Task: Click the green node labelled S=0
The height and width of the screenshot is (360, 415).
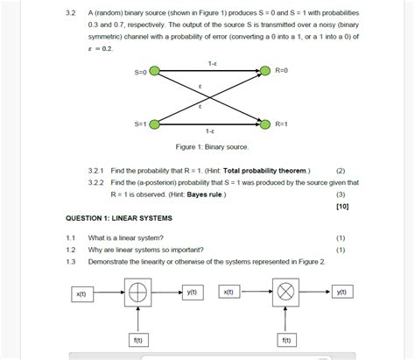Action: pos(155,72)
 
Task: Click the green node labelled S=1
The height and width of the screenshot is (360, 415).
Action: pos(155,124)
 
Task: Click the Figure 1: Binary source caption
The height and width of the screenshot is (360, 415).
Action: pos(212,146)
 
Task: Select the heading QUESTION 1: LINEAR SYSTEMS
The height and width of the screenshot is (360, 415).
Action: pos(119,217)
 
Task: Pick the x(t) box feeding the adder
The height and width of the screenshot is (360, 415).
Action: pos(81,294)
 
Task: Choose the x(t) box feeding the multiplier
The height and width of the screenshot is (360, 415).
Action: pos(228,293)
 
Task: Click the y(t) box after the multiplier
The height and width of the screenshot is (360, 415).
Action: pos(342,293)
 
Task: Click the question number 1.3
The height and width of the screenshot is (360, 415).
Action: pos(71,261)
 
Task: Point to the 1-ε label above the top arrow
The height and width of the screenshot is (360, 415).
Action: pos(212,62)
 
